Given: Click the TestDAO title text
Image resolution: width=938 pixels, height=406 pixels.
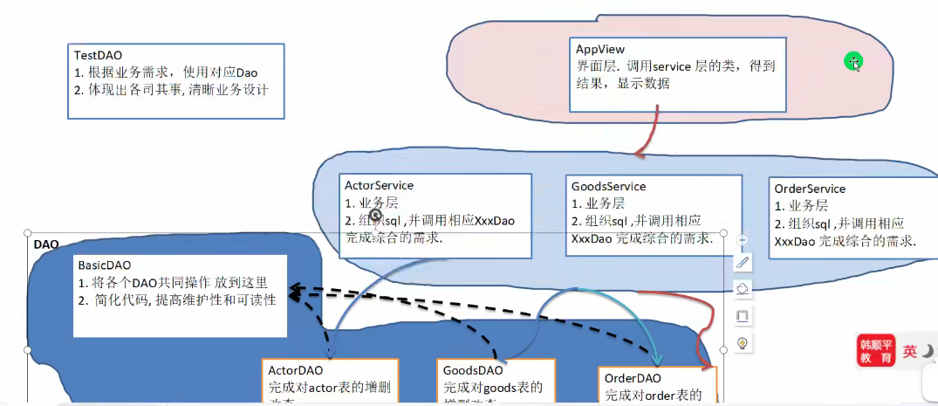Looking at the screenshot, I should (x=98, y=54).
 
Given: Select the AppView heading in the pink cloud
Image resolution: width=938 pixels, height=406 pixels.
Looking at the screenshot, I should (x=599, y=49).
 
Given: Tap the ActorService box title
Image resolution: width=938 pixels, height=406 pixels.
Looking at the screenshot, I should (x=379, y=185).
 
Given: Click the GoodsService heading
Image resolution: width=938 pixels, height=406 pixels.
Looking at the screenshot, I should (x=608, y=186).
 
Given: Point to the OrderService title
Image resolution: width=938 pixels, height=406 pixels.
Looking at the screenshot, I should (x=810, y=189).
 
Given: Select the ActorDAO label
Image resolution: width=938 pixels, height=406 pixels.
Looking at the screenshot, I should (x=296, y=369).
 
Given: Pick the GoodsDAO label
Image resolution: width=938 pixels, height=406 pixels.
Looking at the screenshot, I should (x=472, y=370).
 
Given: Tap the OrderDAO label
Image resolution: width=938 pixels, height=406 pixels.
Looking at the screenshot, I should (x=633, y=377).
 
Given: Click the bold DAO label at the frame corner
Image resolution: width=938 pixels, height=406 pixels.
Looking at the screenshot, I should (x=45, y=244).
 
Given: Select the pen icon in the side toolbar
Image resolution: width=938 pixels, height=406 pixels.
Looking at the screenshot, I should (x=743, y=262).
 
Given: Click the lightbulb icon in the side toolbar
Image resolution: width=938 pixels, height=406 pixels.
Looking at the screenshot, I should (x=743, y=342).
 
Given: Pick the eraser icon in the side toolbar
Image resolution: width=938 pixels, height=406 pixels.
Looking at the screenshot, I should (x=743, y=288).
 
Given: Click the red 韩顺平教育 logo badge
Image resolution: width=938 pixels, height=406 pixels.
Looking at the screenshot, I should (x=875, y=350).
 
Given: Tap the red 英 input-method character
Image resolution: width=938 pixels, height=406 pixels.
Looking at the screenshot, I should (x=909, y=351).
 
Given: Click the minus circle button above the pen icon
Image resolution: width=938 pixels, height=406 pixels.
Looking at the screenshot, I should (x=743, y=239).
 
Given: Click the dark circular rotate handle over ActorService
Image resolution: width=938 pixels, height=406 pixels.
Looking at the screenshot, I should (x=375, y=214).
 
